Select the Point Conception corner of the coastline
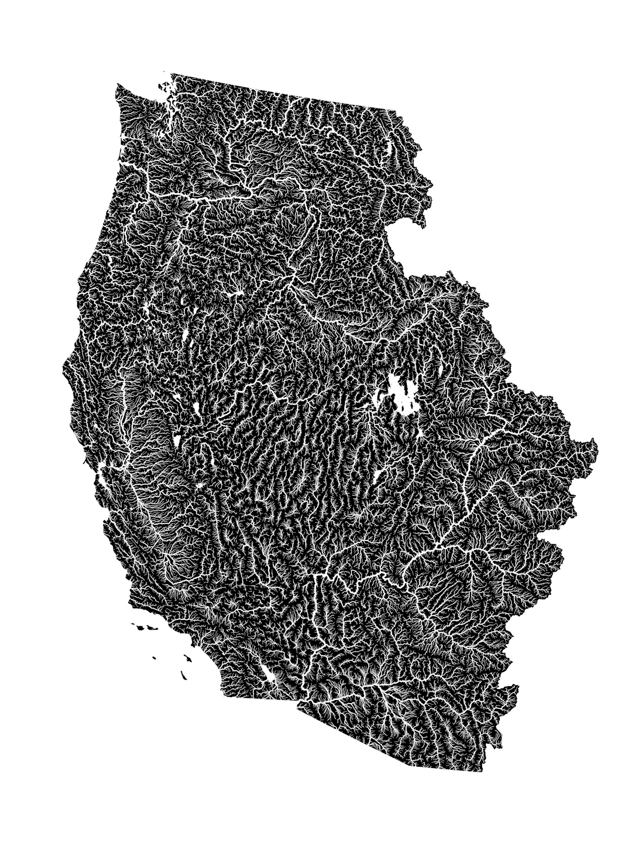[129, 603]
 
